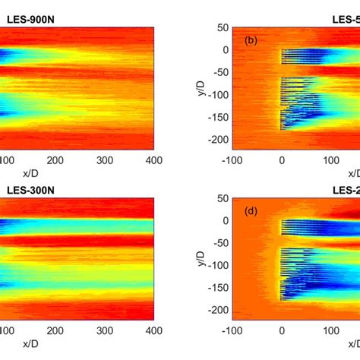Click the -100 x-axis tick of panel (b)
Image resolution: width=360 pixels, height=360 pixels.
[x=232, y=160]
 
